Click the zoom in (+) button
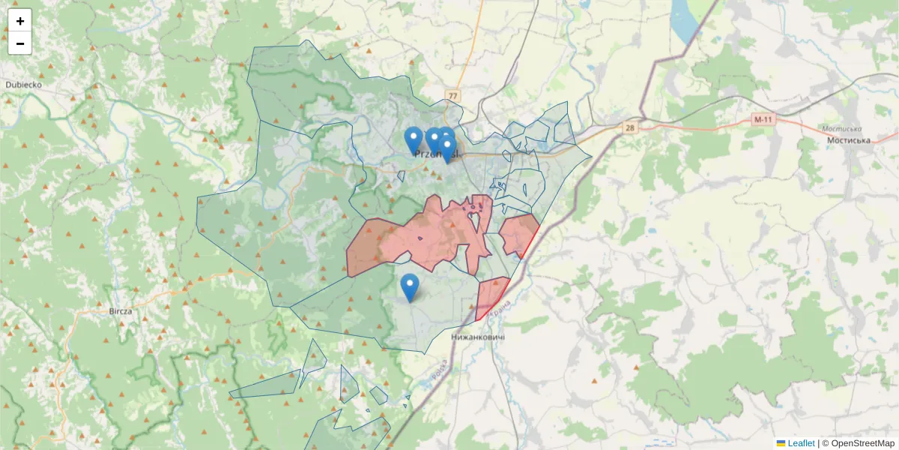pyautogui.click(x=20, y=21)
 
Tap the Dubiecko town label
pyautogui.click(x=23, y=85)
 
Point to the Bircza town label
pyautogui.click(x=121, y=310)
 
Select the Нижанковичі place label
pyautogui.click(x=478, y=337)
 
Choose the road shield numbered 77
pyautogui.click(x=452, y=96)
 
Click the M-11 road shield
pyautogui.click(x=763, y=120)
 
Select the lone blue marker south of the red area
pyautogui.click(x=409, y=286)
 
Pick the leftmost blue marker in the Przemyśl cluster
pyautogui.click(x=413, y=139)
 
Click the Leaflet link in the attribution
pyautogui.click(x=801, y=443)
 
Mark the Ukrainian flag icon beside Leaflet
pyautogui.click(x=781, y=443)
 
